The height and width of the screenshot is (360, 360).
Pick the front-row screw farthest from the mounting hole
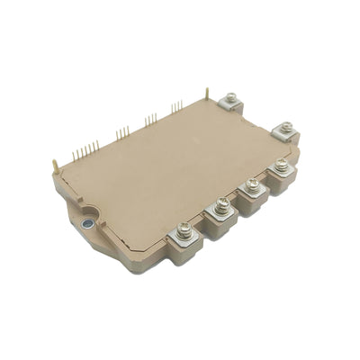pyautogui.click(x=281, y=166)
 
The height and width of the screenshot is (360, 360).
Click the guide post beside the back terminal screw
pyautogui.click(x=208, y=94)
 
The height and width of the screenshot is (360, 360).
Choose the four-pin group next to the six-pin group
pyautogui.click(x=121, y=132)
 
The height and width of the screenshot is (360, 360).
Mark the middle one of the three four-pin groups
pyautogui.click(x=150, y=119)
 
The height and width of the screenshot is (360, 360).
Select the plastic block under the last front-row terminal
pyautogui.click(x=283, y=184)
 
